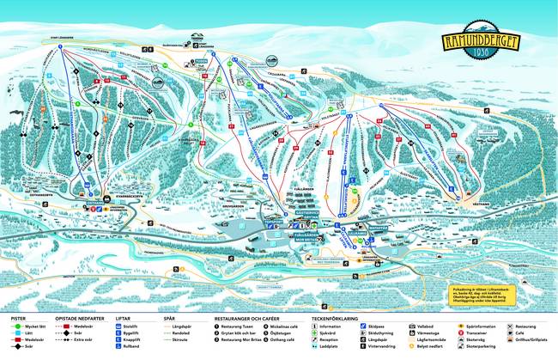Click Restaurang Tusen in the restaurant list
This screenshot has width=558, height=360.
coord(237,327)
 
